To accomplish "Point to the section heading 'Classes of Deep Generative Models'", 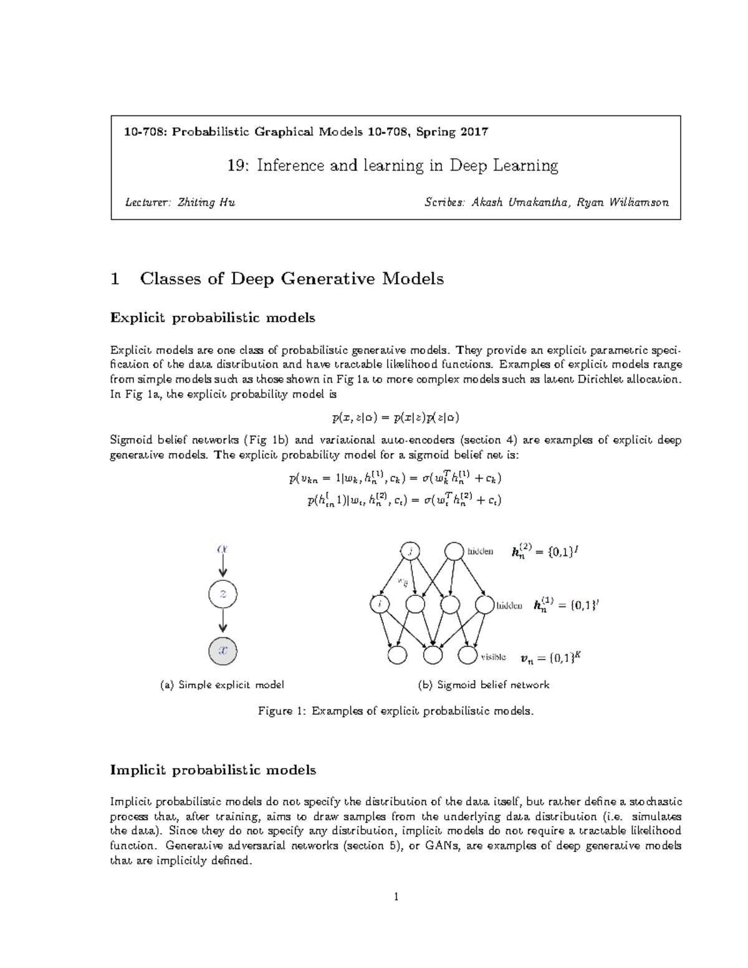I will point(292,279).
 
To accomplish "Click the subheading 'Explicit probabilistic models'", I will point(213,318).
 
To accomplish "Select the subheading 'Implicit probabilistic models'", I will point(213,770).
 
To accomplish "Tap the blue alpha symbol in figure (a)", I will point(223,549).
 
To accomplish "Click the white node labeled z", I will point(223,595).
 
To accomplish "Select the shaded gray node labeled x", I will point(223,651).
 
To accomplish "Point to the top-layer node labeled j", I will point(411,552).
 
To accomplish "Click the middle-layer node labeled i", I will point(380,604).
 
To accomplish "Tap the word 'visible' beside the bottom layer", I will point(493,657).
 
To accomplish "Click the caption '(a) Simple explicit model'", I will point(223,684).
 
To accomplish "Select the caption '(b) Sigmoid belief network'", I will point(483,684).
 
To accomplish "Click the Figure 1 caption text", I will point(396,711).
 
